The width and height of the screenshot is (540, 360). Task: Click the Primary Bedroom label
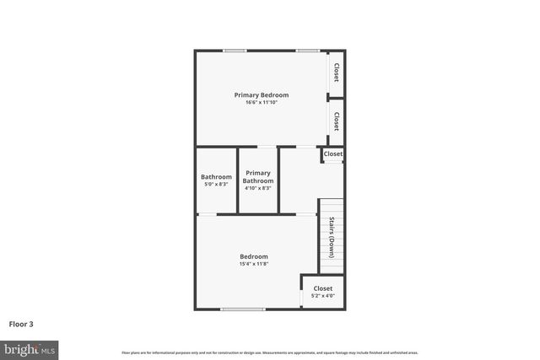point(262,95)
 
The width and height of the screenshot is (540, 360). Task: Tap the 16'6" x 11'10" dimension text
point(262,103)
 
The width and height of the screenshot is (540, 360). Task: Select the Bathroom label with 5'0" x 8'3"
point(216,176)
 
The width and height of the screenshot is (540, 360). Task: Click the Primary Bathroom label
point(258,177)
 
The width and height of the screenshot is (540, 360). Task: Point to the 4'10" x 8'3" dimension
point(258,188)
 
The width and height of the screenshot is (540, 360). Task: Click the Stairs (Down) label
point(332,238)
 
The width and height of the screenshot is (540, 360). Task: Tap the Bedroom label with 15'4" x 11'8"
point(253,256)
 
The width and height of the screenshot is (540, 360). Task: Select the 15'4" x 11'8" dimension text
point(253,265)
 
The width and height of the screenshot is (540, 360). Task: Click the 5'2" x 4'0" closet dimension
point(323,296)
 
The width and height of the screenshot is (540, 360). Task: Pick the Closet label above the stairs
point(333,154)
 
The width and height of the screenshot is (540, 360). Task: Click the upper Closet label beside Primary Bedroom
point(336,73)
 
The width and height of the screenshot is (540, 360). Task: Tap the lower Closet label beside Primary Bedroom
point(336,121)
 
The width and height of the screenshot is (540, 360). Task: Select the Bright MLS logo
point(30,349)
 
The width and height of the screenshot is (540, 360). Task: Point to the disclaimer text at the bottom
point(270,352)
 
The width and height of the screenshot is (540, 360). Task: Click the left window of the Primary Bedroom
point(235,51)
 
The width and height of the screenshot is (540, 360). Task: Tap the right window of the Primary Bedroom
point(307,51)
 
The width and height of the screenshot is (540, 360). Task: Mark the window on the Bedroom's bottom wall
point(243,309)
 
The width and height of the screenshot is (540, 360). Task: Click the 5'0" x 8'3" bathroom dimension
point(216,184)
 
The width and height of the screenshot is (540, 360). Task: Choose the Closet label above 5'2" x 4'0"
point(323,288)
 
